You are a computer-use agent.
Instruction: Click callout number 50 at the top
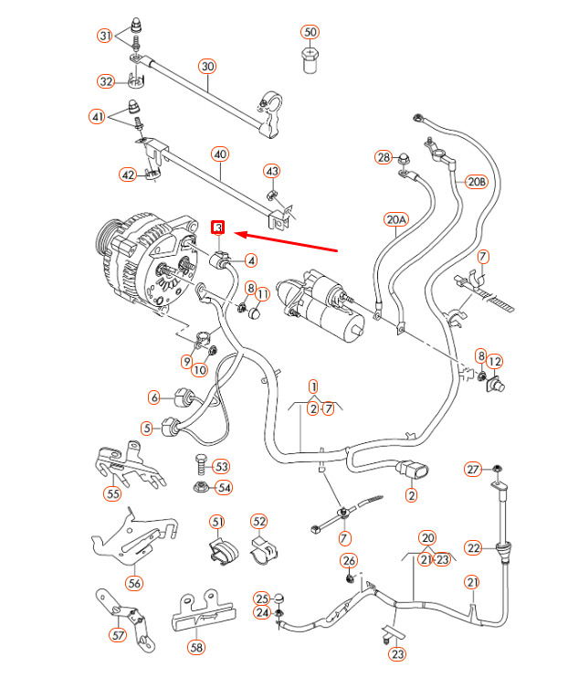[x=310, y=32]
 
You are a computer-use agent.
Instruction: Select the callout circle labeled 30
[x=207, y=66]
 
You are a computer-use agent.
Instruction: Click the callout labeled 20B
[x=477, y=182]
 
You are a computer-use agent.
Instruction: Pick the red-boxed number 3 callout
[x=218, y=227]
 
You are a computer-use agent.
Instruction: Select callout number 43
[x=271, y=171]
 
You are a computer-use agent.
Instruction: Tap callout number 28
[x=383, y=157]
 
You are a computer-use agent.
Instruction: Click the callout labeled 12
[x=495, y=361]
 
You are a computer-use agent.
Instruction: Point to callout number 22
[x=472, y=548]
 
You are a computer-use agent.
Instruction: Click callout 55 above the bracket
[x=112, y=494]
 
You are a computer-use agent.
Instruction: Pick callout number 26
[x=349, y=560]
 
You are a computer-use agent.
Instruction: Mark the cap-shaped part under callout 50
[x=310, y=62]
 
